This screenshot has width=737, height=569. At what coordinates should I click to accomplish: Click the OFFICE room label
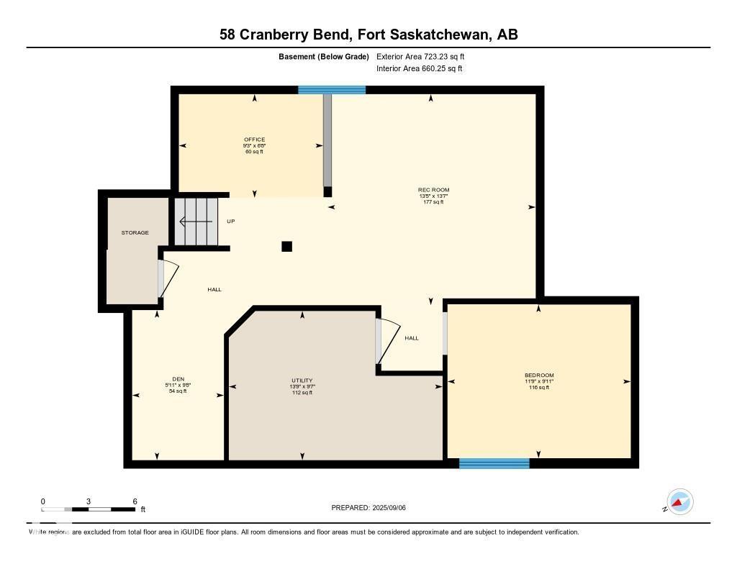coord(254,140)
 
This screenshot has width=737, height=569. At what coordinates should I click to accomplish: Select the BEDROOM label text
coord(539,375)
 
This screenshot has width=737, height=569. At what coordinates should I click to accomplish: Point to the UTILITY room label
coord(302,381)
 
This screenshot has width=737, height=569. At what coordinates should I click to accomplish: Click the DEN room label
coord(178,379)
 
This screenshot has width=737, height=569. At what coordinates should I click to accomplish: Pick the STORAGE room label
coord(135,232)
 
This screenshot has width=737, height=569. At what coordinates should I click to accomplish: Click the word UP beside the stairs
coord(231,221)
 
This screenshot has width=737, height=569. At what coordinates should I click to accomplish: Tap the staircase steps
coord(196,221)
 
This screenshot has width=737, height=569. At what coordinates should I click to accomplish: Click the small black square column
coord(286,246)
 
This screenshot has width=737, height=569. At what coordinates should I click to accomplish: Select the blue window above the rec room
coord(332,90)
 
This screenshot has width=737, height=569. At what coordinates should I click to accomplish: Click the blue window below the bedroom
coord(494,464)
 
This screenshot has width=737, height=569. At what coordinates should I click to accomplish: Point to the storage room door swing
coord(168,279)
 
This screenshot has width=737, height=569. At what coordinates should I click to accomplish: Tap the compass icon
coord(679,501)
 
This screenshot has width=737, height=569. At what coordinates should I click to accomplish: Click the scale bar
coord(89,509)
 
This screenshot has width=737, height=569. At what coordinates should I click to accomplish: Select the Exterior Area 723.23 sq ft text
coord(425,56)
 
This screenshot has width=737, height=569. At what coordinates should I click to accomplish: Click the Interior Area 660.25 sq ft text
coord(419,69)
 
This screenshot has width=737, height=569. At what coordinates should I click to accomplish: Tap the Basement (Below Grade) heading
coord(323,56)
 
